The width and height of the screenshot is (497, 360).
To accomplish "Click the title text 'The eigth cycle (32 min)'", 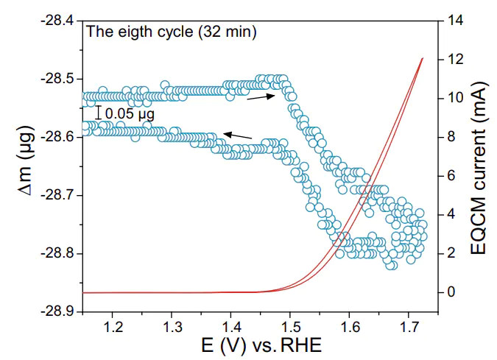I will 171,32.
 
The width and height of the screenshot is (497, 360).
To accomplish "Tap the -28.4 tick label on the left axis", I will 56,20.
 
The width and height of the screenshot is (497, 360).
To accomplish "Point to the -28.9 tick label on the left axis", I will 56,312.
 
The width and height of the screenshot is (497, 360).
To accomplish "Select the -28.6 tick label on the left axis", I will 56,137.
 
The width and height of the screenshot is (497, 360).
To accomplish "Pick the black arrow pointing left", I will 237,135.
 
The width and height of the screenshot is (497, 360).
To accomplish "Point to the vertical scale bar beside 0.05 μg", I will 99,113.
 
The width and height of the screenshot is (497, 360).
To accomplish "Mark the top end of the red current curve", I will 423,57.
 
